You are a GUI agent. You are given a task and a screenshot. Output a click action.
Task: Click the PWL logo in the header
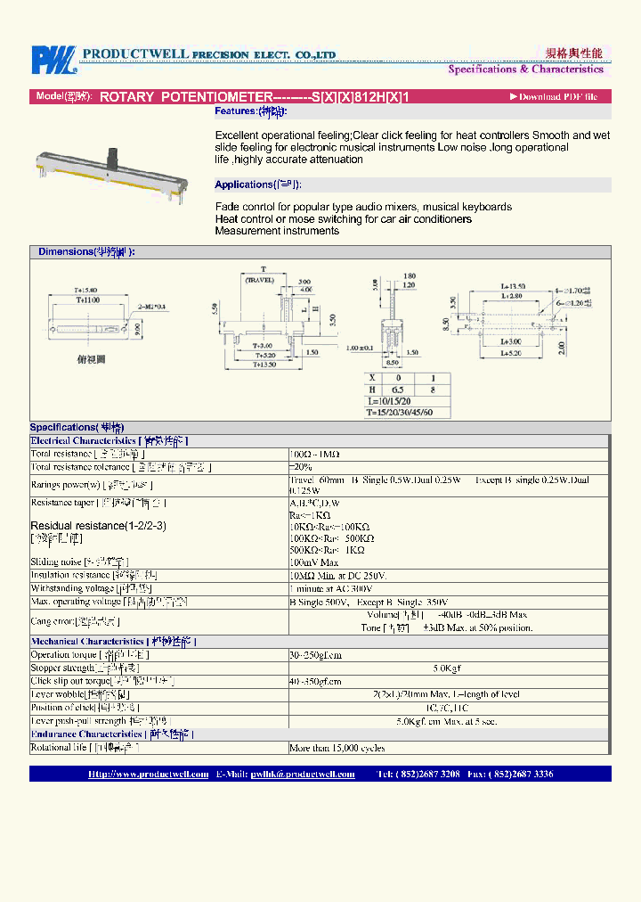[53, 59]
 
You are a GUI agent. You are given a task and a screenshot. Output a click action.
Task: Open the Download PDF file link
[557, 97]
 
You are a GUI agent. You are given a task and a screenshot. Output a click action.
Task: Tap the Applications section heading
[258, 184]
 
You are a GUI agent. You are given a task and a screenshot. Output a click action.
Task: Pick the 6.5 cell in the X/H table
[398, 389]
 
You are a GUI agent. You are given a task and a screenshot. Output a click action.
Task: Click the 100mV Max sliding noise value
[313, 562]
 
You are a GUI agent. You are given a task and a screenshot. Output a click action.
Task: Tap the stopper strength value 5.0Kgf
[446, 668]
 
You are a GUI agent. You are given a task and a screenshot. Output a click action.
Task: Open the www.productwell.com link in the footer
[148, 774]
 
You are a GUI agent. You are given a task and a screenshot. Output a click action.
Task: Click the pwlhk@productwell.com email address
[302, 774]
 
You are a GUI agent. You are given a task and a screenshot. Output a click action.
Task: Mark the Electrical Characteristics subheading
[110, 440]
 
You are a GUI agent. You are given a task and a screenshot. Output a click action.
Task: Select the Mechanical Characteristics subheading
[113, 641]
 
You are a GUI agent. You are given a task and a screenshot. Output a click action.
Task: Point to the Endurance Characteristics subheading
[112, 734]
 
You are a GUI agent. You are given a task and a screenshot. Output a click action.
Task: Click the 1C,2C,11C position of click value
[446, 708]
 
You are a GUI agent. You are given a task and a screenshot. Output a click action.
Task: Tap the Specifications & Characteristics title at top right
[525, 70]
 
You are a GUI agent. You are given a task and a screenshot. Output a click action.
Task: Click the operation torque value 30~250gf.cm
[316, 654]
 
